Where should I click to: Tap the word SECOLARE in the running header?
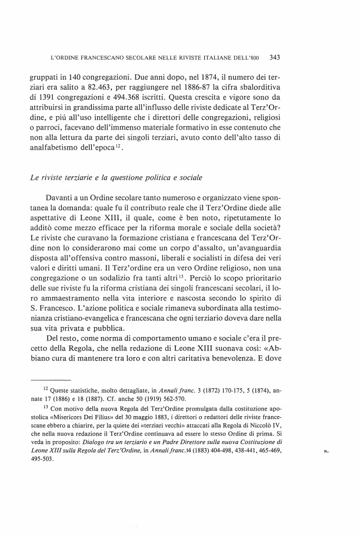(139, 57)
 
